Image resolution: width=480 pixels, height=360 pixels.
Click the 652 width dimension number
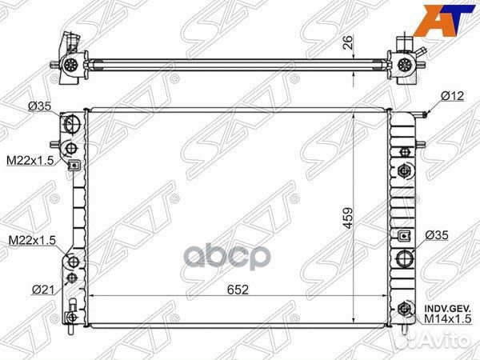coord(238,290)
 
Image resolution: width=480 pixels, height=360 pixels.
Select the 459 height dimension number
coord(348,218)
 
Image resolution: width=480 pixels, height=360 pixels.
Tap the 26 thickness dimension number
coord(348,42)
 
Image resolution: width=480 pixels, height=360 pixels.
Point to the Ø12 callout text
coord(453,96)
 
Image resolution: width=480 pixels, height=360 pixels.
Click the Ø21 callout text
coord(43,289)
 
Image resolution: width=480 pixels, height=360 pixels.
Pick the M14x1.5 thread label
coord(447,319)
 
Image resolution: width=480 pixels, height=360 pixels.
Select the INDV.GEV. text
coord(447,308)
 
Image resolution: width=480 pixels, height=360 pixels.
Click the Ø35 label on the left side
coord(39,106)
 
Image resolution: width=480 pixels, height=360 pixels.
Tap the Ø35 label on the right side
coord(437,235)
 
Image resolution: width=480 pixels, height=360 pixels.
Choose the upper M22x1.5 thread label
coord(30,160)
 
